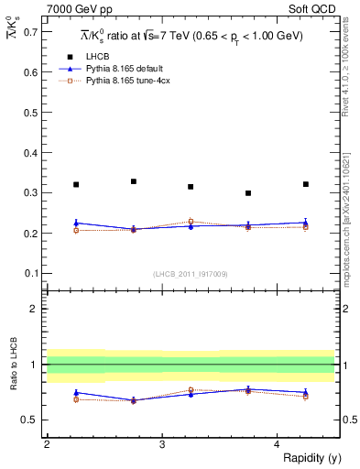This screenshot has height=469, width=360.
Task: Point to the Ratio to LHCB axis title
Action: point(13,365)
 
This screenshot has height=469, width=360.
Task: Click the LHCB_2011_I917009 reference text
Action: point(190,274)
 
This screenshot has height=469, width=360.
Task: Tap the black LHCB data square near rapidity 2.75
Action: point(134,181)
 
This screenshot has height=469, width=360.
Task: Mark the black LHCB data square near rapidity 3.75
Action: point(248,193)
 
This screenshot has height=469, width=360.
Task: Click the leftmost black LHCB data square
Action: point(76,185)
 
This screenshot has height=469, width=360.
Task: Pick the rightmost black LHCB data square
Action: point(306,184)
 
